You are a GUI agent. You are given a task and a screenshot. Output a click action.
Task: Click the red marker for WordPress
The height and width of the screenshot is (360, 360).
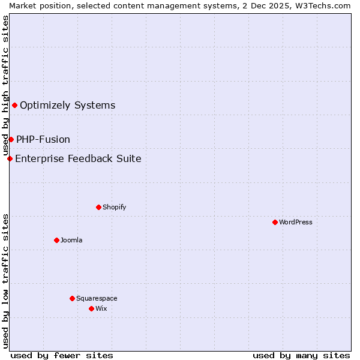point(275,222)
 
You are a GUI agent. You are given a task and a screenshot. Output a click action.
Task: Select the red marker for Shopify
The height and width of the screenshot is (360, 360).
point(98,207)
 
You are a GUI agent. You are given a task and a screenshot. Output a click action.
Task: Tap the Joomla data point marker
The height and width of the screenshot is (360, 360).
point(56,240)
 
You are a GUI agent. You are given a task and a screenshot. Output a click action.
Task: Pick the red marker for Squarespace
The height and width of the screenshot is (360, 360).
point(72,298)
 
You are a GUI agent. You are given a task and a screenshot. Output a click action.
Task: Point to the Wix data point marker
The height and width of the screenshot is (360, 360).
point(91,308)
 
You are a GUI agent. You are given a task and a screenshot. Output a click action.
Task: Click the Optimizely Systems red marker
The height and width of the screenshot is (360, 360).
point(14,106)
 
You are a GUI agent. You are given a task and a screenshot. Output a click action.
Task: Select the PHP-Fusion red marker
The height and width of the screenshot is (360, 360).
point(11,139)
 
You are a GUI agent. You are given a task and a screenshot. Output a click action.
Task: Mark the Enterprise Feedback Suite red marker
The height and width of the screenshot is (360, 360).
point(10,158)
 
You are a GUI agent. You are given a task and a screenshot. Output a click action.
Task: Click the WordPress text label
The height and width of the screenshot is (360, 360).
point(296,222)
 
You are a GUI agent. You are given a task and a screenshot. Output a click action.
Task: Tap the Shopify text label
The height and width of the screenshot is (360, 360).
point(114,207)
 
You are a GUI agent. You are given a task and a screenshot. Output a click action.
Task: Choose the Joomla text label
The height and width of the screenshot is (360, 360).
point(71,240)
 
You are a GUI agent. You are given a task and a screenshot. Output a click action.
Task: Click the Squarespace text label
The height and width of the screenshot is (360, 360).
point(97,298)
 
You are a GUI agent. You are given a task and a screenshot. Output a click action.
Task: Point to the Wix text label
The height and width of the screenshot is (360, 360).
point(101,308)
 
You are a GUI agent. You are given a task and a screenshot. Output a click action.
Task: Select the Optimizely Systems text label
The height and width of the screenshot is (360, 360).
point(67,106)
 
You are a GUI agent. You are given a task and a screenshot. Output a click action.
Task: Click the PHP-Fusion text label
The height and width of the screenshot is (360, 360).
point(43,139)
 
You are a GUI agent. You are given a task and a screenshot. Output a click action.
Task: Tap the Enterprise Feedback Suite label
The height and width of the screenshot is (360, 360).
point(78,158)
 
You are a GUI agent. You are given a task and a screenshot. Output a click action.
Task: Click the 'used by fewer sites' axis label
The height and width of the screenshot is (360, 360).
point(62,355)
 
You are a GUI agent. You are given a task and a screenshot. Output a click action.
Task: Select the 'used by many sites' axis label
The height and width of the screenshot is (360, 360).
point(301,355)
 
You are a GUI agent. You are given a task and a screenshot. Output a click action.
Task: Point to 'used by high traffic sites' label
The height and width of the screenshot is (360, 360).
point(5,85)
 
